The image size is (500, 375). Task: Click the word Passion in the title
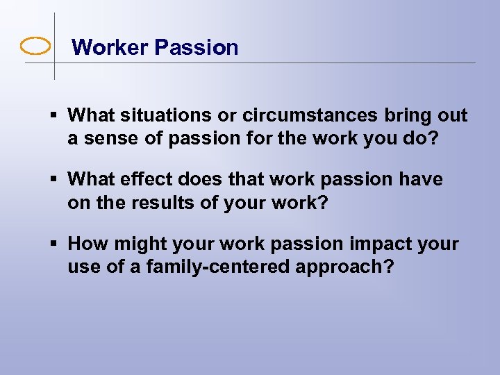[x=197, y=47]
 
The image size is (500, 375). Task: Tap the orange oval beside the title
[x=36, y=47]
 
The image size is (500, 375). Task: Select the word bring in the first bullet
[x=400, y=115]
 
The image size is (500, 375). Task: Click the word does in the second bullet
[x=189, y=179]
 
